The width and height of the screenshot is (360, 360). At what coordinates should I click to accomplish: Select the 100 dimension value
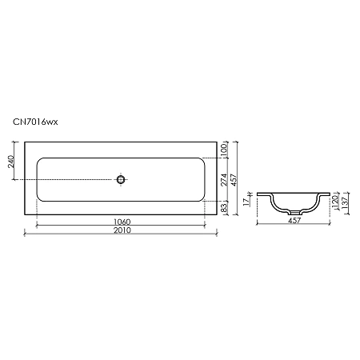[225, 149]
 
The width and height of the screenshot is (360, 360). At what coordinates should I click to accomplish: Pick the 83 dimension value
[225, 208]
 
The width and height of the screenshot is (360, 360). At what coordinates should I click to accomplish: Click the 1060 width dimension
[121, 221]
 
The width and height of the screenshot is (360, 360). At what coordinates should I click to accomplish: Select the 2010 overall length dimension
[121, 230]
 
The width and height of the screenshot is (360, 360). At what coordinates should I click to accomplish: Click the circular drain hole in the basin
[121, 179]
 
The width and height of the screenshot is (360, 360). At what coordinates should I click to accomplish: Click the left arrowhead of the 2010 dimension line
[26, 235]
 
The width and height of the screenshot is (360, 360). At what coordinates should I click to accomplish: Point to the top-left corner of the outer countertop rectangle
[25, 142]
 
